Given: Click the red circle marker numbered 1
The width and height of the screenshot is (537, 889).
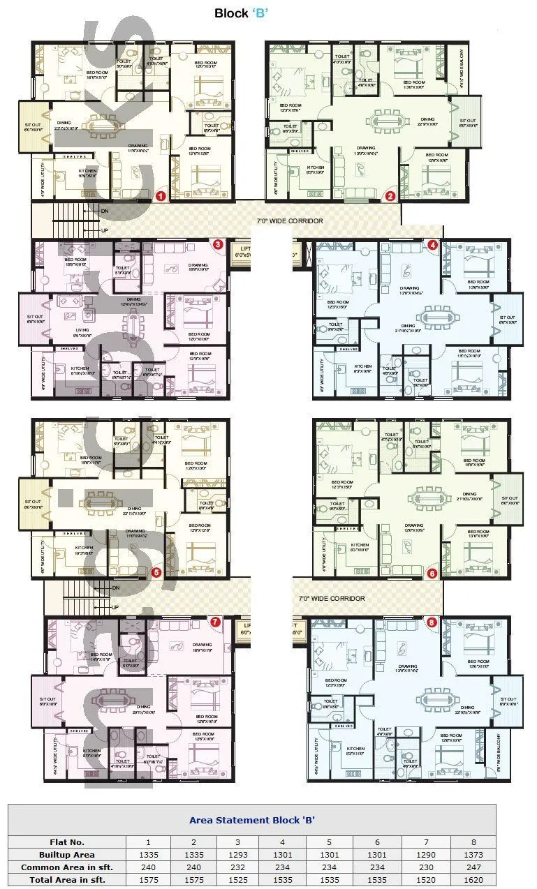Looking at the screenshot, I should (x=160, y=196).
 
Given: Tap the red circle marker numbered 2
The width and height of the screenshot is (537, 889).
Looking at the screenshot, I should (x=390, y=196).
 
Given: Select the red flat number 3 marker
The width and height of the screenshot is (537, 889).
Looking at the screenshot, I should (x=218, y=244).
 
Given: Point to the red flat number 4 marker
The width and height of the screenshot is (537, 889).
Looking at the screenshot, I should (x=433, y=245).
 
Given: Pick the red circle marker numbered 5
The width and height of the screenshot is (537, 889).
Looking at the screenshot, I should (x=156, y=572).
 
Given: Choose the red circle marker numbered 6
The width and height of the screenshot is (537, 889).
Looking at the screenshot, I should (x=432, y=573).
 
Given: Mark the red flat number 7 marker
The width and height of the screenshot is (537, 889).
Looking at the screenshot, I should (x=215, y=621).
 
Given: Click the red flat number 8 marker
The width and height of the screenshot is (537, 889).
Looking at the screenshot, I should (x=432, y=622).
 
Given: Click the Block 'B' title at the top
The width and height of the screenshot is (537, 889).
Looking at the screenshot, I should (x=242, y=13).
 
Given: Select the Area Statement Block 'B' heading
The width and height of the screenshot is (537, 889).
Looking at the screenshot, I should (x=252, y=820).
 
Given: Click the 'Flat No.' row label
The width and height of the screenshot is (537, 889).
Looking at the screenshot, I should (x=67, y=842).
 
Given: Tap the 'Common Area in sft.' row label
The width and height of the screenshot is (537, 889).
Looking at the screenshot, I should (x=67, y=867).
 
